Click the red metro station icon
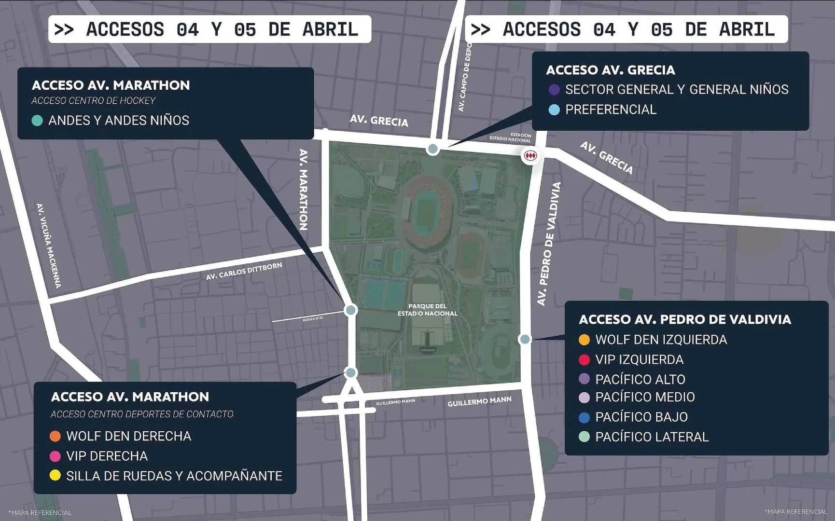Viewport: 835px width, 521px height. tap(530, 156)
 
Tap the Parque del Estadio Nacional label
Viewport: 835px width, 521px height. tap(427, 310)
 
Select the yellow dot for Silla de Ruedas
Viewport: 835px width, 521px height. tap(55, 476)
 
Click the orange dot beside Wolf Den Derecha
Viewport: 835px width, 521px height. tap(55, 436)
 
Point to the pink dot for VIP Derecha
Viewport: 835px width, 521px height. tap(55, 456)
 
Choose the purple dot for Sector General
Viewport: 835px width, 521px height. tap(554, 90)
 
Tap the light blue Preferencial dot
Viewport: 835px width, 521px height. tap(554, 110)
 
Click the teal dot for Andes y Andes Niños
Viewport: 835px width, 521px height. tap(37, 121)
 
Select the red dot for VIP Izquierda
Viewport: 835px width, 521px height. tap(584, 359)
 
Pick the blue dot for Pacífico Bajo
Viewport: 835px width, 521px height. tap(584, 417)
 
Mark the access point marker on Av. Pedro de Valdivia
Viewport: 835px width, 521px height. tap(525, 339)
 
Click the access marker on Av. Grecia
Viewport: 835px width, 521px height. tap(433, 149)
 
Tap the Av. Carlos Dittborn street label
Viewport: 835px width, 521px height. tap(244, 271)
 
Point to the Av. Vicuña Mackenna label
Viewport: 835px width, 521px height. tap(49, 246)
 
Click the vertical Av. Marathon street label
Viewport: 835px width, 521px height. tap(303, 189)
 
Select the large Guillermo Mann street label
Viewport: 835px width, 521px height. tap(479, 401)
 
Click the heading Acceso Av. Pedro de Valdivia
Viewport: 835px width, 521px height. tap(684, 319)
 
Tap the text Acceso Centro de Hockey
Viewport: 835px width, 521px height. tap(93, 101)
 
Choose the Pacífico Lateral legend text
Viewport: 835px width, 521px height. tap(652, 437)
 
